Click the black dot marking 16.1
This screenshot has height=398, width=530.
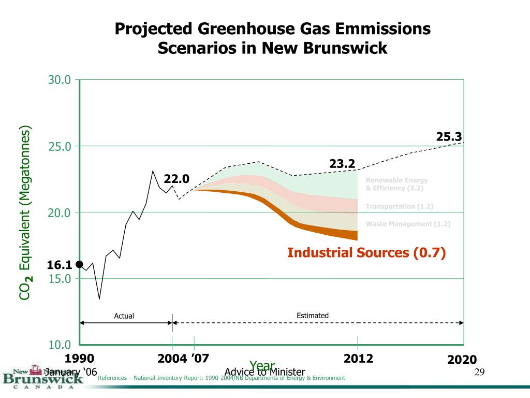click(79, 264)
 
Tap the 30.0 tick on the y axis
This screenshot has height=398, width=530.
click(60, 80)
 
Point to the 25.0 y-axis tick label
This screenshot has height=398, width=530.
click(60, 147)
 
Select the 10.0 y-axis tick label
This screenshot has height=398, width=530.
click(60, 345)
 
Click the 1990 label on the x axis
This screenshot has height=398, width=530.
click(79, 359)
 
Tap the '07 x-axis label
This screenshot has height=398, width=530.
click(200, 359)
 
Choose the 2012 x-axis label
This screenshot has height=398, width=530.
click(358, 359)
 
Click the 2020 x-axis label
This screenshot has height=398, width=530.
click(462, 360)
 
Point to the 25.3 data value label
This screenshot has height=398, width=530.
click(449, 137)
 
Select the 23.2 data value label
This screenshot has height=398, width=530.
click(342, 164)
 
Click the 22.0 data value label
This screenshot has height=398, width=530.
click(177, 179)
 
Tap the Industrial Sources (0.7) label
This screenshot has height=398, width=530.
click(366, 253)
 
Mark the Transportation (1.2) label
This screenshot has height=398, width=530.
click(400, 207)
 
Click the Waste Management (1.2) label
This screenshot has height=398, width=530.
click(408, 224)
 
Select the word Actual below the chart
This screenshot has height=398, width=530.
click(124, 316)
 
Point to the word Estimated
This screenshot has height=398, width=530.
click(313, 316)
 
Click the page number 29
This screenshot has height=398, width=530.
click(479, 373)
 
